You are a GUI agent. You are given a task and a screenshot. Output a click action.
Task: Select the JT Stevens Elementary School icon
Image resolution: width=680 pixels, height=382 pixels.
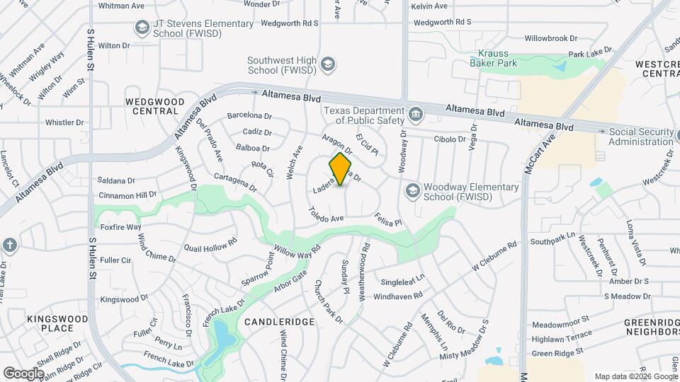142,28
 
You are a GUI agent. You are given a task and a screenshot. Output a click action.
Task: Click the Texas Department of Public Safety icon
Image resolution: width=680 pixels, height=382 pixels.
415,114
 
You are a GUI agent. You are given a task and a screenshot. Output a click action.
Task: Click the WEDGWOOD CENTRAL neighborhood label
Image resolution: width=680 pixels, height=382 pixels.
151,106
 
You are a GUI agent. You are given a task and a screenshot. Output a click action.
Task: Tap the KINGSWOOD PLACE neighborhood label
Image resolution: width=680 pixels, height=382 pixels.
57,323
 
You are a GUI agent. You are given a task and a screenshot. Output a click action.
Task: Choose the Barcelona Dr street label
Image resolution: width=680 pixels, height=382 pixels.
249,116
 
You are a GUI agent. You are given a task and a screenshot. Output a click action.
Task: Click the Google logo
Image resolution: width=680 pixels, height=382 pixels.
24,373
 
